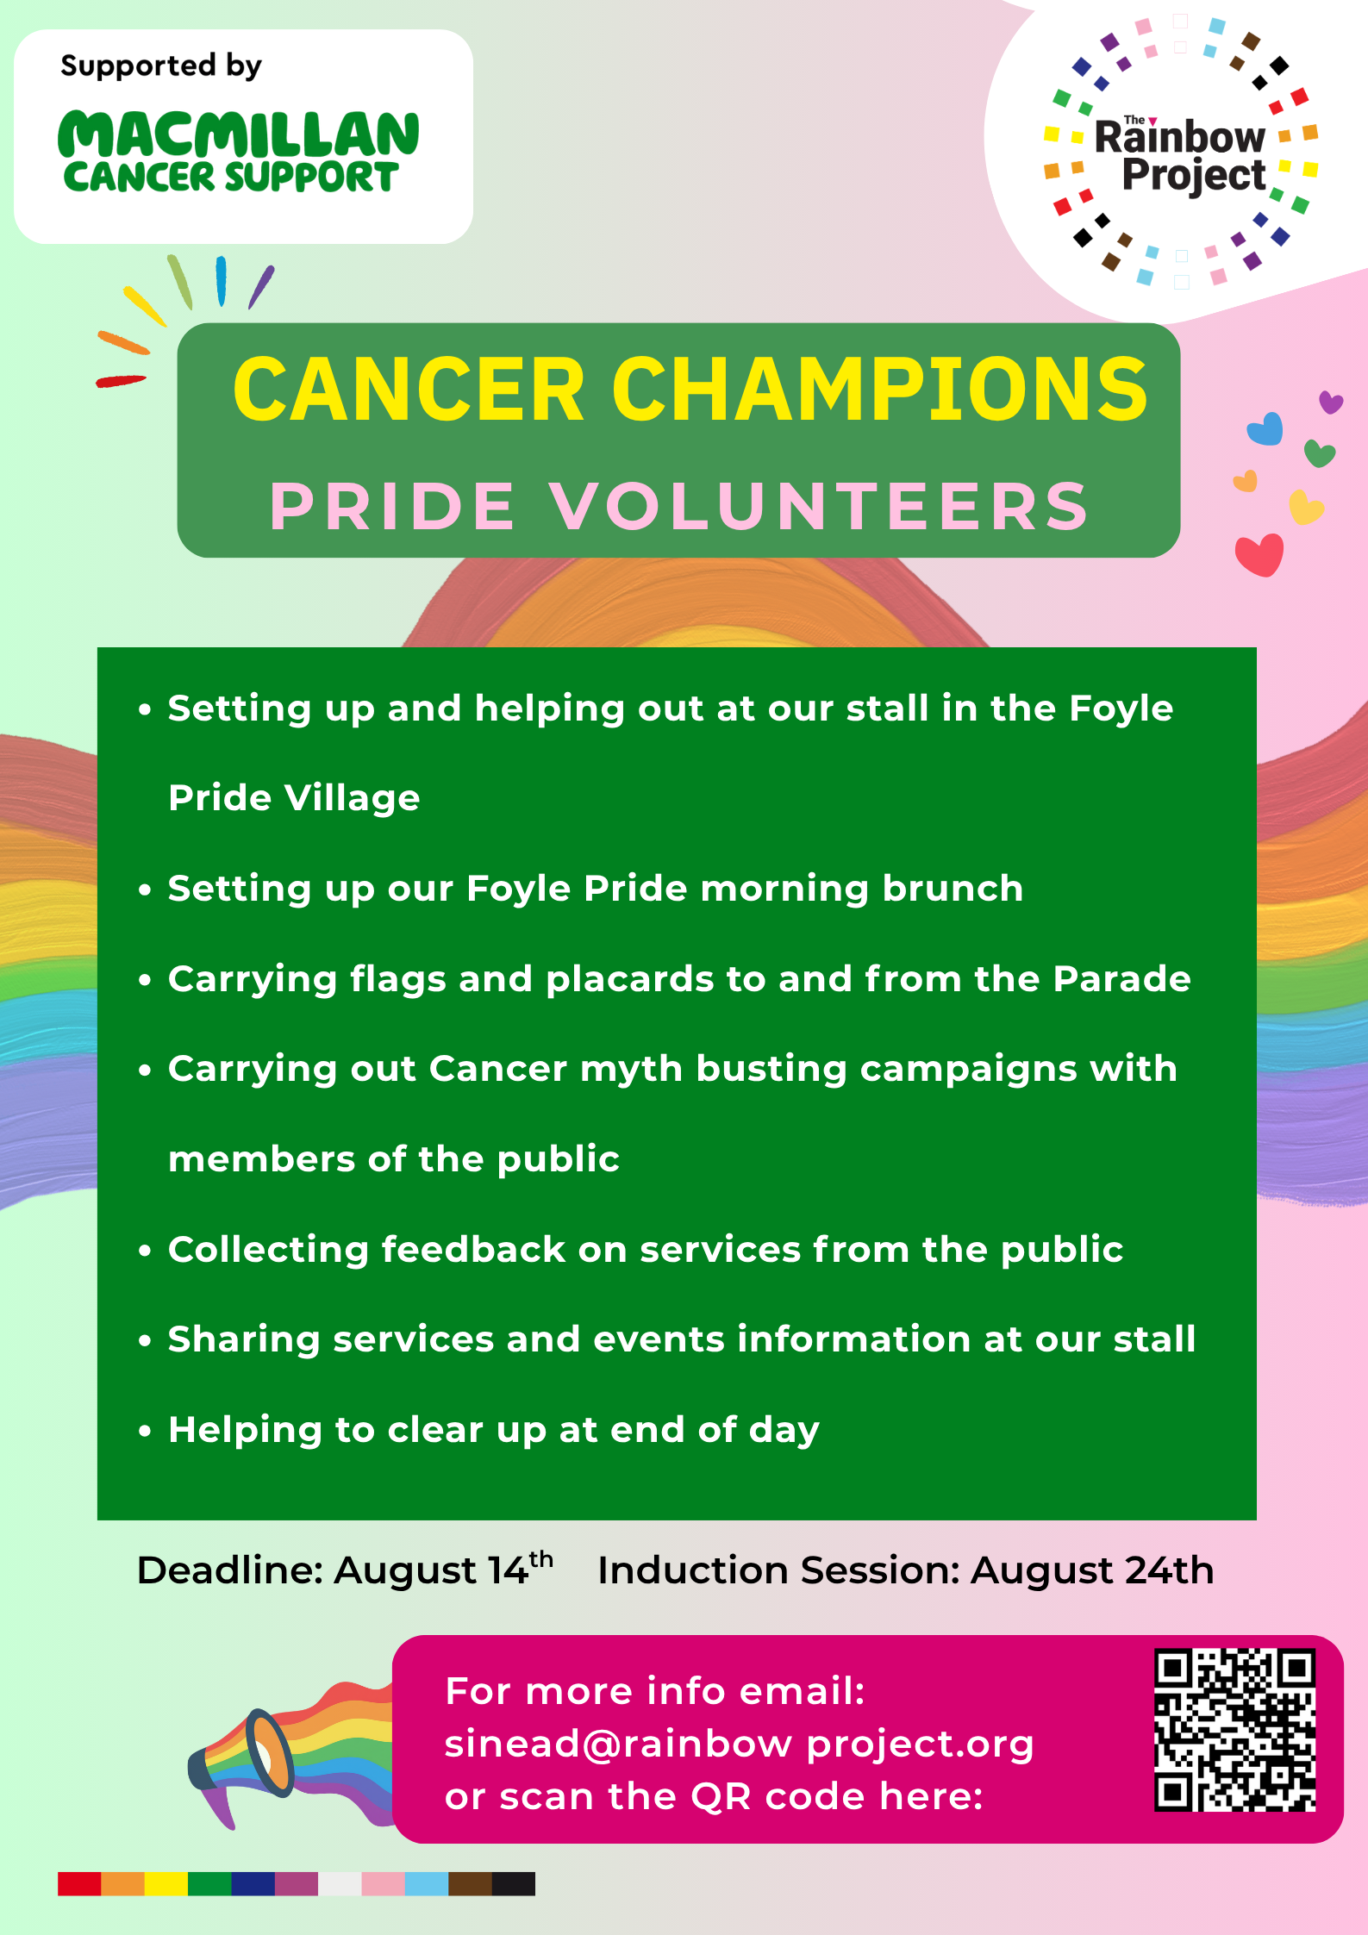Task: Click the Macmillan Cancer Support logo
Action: (x=238, y=152)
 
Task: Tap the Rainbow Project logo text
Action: (x=1181, y=155)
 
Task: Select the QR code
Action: (x=1234, y=1730)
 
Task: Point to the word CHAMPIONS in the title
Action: (x=879, y=390)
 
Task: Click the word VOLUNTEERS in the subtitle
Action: (x=820, y=506)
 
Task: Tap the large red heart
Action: (x=1259, y=554)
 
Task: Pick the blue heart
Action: (x=1265, y=428)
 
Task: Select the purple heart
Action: (x=1331, y=402)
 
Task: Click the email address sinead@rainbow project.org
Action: (x=739, y=1744)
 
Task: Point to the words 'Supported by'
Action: (x=161, y=66)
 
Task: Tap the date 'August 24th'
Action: (x=1092, y=1570)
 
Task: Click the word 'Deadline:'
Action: (x=230, y=1570)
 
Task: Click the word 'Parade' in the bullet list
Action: (x=1122, y=978)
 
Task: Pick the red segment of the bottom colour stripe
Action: (x=79, y=1883)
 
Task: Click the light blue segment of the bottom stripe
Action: (x=427, y=1883)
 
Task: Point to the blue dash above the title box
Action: (x=222, y=281)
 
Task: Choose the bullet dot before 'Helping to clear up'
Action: (x=145, y=1431)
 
